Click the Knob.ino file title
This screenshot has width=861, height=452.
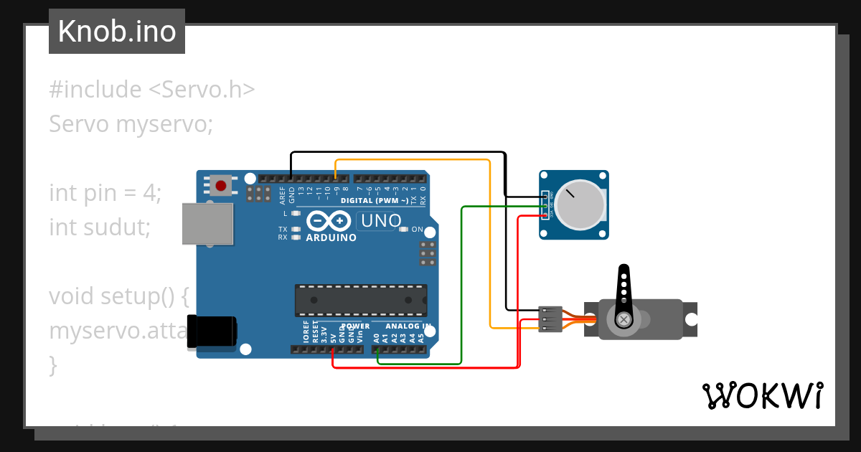pos(117,32)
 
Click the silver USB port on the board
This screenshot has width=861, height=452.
pos(208,224)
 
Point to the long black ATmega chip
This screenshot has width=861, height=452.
pos(361,301)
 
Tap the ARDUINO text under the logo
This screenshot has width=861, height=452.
pos(331,237)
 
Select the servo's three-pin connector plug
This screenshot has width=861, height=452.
pos(550,319)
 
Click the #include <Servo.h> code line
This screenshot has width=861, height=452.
pos(152,90)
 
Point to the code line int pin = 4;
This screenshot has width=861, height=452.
pos(105,193)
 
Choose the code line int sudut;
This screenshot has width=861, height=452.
pos(100,227)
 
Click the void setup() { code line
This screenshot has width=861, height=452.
pos(119,296)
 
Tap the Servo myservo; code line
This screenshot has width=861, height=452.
pos(131,124)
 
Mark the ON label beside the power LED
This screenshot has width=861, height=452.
pos(418,230)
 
